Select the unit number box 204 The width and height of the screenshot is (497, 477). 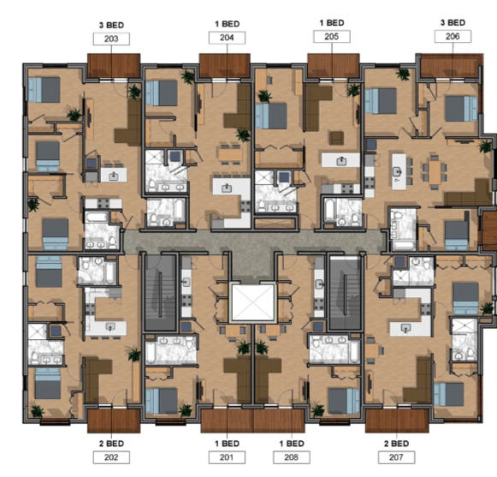click(x=226, y=38)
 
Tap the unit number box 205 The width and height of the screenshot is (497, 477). click(x=332, y=37)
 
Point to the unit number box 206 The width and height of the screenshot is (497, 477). click(x=453, y=37)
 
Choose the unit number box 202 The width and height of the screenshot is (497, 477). click(x=112, y=456)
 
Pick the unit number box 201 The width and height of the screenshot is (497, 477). click(x=226, y=456)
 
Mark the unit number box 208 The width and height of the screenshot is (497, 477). click(x=291, y=456)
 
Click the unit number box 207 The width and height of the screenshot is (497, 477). click(x=394, y=456)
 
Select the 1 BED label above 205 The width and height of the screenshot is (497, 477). click(x=332, y=22)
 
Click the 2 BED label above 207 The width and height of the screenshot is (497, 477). click(x=394, y=443)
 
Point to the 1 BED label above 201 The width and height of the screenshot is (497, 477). click(x=226, y=443)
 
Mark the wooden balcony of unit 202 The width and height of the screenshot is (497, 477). click(x=113, y=420)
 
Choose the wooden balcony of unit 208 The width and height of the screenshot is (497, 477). click(x=281, y=420)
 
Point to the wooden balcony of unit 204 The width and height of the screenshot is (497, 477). click(x=224, y=64)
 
